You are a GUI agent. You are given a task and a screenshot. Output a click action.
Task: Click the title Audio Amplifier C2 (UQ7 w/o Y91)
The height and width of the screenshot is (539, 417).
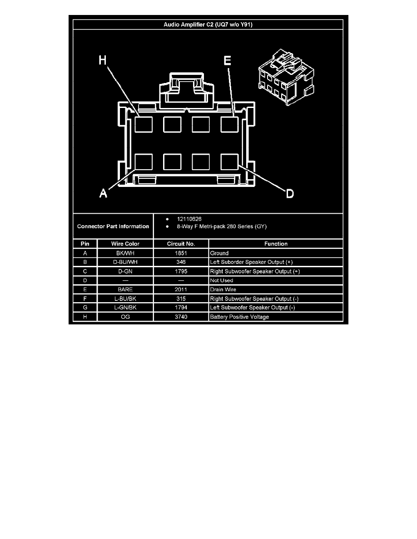pos(208,24)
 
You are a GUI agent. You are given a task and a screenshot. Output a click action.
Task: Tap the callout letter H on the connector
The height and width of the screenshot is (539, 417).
pos(103,60)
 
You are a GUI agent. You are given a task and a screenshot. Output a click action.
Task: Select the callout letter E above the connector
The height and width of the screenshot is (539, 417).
pos(227,60)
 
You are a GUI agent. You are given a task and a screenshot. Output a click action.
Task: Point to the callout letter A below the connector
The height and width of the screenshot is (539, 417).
pos(103,193)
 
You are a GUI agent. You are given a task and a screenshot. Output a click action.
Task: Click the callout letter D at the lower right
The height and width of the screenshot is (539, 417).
pos(290,194)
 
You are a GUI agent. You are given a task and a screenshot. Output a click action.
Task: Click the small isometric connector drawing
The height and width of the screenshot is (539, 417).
pos(286,77)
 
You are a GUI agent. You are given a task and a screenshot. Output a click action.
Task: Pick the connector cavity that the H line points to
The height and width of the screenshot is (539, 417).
pos(144,124)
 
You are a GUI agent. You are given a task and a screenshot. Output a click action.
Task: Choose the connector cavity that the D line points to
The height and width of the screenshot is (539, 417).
pos(229,162)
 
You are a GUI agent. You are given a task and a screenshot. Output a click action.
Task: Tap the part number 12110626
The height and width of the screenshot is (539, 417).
pos(189,219)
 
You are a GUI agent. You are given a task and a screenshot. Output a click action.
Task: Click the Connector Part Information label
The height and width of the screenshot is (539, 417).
pos(113,226)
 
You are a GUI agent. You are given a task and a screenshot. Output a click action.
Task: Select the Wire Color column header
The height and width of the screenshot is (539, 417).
pos(125,244)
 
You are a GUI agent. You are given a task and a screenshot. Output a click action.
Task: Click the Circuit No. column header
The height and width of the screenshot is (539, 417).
pos(181,244)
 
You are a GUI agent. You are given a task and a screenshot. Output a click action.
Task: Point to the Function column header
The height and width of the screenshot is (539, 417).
pos(276,244)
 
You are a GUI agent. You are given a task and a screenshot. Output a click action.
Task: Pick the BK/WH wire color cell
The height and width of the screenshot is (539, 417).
pos(125,253)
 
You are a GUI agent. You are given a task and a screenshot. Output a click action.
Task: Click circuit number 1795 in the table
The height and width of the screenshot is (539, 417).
pos(181,271)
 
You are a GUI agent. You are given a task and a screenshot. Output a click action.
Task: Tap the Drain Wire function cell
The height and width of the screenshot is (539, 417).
pos(223,289)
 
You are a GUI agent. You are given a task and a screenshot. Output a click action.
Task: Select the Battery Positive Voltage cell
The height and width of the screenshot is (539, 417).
pos(239,317)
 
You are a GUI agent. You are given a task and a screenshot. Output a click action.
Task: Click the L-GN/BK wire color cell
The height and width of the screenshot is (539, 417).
pos(125,307)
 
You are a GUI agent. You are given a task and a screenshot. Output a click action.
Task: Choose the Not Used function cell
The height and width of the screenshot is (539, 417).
pos(222,280)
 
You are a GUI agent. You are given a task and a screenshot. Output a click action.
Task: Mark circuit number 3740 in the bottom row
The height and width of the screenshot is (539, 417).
pos(181,317)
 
